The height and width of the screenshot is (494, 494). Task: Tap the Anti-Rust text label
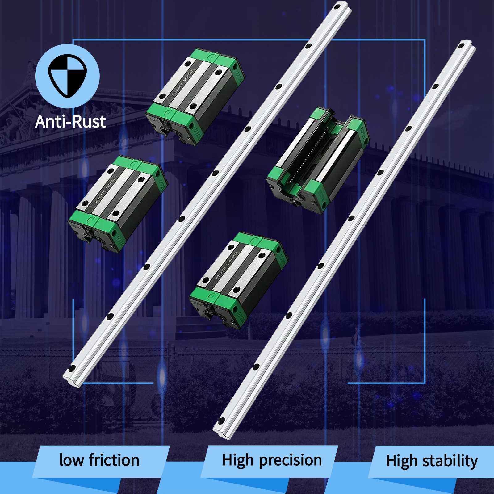tap(70, 121)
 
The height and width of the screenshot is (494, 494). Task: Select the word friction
tap(114, 460)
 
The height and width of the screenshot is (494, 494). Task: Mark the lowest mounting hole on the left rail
tap(72, 368)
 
